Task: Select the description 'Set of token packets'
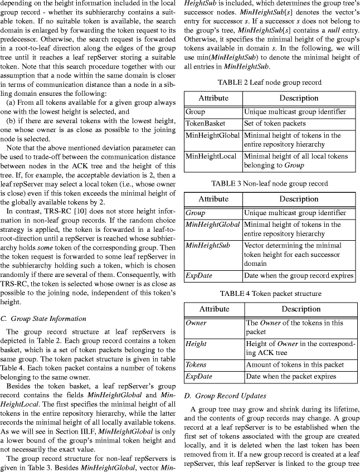tap(275, 123)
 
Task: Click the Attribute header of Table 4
tap(213, 309)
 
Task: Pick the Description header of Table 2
tap(299, 98)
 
